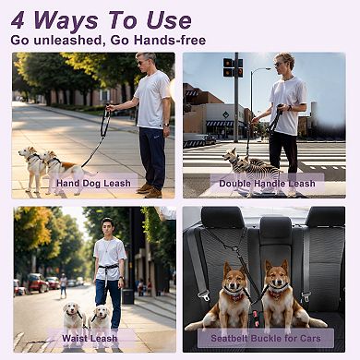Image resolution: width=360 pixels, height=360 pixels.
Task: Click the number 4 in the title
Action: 21,19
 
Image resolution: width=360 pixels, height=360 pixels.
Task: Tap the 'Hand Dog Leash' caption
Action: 92,183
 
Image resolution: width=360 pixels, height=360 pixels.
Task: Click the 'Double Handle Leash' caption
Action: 267,183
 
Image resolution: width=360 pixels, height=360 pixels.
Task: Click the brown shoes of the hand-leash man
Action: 149,189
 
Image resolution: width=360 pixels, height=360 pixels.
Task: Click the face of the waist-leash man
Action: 108,227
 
